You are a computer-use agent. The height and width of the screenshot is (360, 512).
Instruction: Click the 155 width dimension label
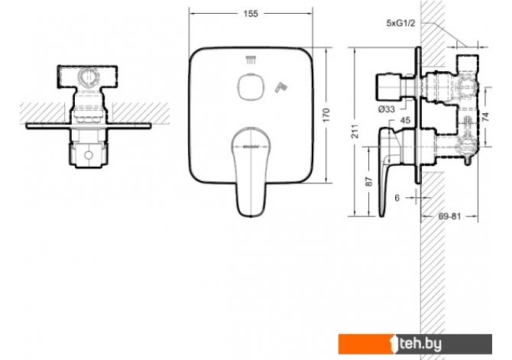251,14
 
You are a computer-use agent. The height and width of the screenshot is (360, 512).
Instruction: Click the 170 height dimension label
326,115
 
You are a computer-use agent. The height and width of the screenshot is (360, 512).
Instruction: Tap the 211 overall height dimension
355,131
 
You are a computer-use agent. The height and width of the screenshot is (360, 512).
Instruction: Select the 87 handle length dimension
368,182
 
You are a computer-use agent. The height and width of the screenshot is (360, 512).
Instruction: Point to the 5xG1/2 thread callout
400,23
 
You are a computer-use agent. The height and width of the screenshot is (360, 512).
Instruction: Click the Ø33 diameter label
387,109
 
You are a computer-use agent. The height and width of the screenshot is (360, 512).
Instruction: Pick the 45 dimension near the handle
405,120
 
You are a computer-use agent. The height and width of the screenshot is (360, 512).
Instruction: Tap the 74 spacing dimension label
485,116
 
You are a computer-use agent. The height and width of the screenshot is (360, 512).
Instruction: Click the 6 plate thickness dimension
397,198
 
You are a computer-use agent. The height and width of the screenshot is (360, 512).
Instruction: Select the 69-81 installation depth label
449,216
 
